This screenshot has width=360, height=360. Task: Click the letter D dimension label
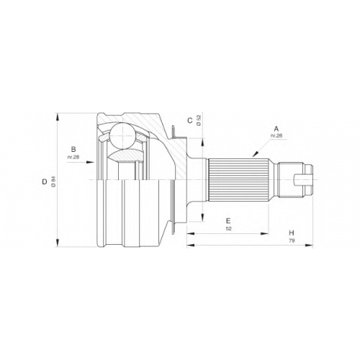[x=45, y=182]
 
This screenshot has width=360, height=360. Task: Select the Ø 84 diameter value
[x=53, y=182]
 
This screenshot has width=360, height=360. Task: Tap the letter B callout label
[x=73, y=149]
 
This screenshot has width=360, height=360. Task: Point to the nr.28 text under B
[x=73, y=157]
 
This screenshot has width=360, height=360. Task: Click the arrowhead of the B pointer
[x=90, y=162]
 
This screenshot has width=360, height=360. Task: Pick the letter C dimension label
[x=190, y=120]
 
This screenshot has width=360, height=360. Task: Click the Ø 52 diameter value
[x=199, y=120]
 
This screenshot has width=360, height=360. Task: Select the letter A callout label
[x=276, y=128]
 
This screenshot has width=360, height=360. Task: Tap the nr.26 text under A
[x=276, y=135]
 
